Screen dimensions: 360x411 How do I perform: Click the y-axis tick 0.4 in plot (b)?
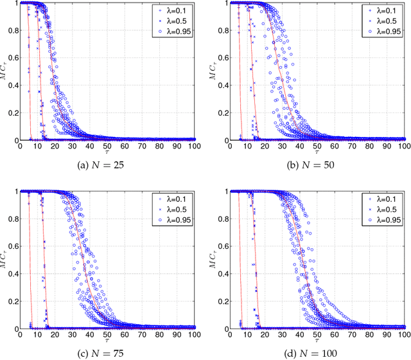222,85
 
